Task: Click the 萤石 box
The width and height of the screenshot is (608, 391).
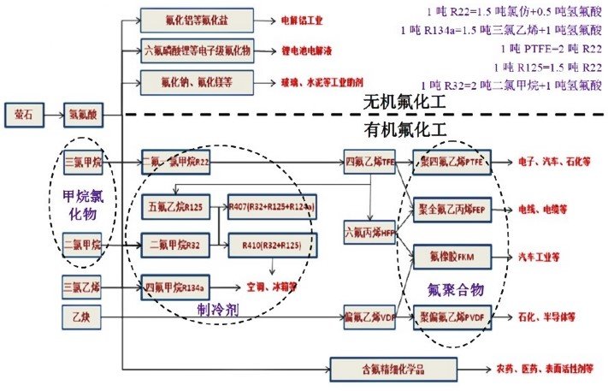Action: click(23, 113)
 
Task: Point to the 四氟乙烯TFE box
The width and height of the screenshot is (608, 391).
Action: click(369, 161)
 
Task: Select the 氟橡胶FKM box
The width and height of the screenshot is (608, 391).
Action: click(452, 255)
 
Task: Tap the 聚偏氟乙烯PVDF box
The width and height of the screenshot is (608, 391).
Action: click(452, 317)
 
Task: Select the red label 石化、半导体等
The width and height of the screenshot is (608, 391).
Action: click(546, 317)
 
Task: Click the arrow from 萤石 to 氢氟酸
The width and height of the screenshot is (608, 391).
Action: click(52, 113)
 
